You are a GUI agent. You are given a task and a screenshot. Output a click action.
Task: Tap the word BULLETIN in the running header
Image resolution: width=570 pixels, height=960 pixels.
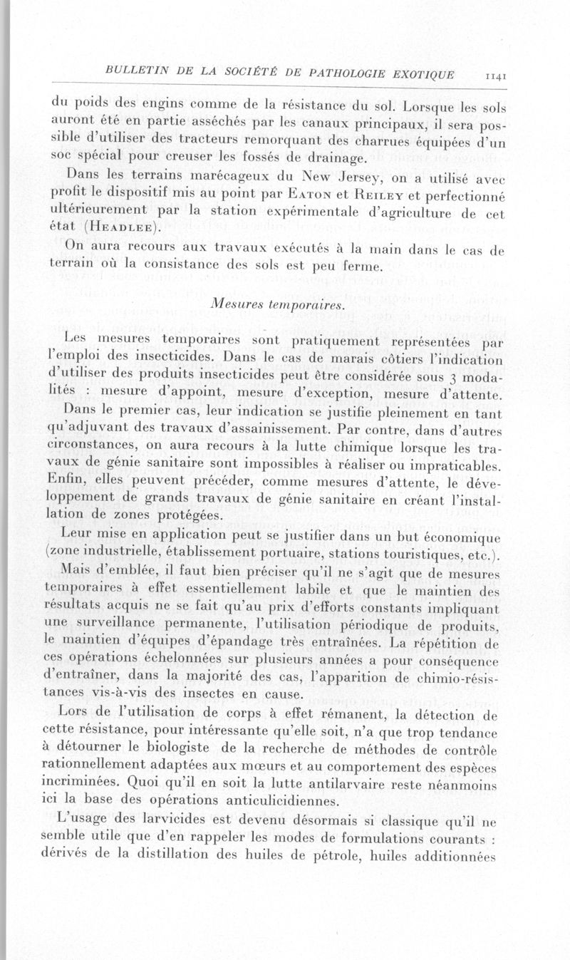(x=133, y=71)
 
